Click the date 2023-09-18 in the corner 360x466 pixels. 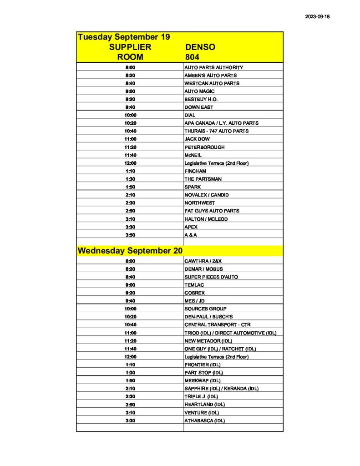coord(317,16)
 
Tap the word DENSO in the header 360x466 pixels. coord(200,47)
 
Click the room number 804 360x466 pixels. coord(193,57)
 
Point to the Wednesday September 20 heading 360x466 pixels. coord(130,251)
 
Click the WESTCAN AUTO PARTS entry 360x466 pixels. coord(212,83)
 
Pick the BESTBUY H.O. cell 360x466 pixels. coord(201,99)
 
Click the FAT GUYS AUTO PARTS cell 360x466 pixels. coord(212,211)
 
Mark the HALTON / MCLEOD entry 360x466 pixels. coord(206,219)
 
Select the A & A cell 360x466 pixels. coord(191,235)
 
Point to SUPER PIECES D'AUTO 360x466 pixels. coord(211,277)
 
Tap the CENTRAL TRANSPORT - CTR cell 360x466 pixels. coord(218,324)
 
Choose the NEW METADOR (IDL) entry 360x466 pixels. coord(208,340)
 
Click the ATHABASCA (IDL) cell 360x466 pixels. coord(205,420)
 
